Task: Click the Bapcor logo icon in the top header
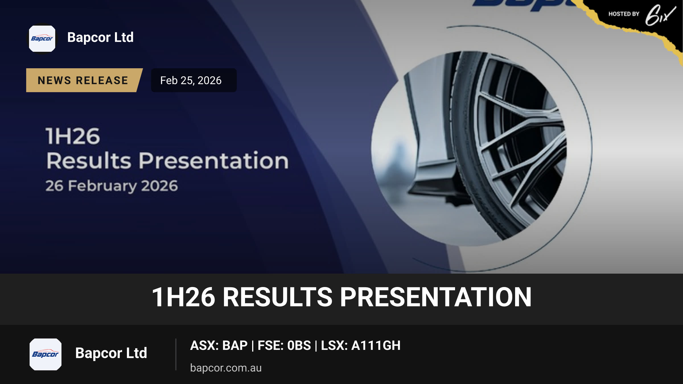pos(42,39)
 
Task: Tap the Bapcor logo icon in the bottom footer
pos(46,354)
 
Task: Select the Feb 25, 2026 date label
pos(191,80)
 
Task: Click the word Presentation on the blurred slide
pos(214,161)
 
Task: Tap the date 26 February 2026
pos(112,186)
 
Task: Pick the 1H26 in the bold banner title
pos(183,297)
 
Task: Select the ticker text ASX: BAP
pos(219,345)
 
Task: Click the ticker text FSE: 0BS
pos(284,345)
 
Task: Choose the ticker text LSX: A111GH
pos(361,345)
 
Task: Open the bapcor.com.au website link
pos(226,368)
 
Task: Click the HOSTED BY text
pos(624,14)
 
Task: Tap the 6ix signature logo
pos(660,15)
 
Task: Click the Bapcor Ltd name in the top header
pos(100,37)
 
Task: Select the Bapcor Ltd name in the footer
pos(111,353)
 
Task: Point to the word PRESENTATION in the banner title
pos(436,297)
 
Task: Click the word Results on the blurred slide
pos(89,161)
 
